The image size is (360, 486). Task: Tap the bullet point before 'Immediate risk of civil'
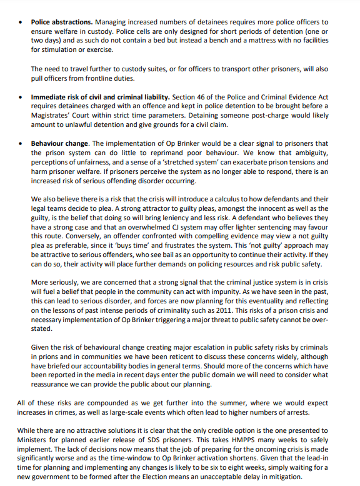pyautogui.click(x=22, y=98)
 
